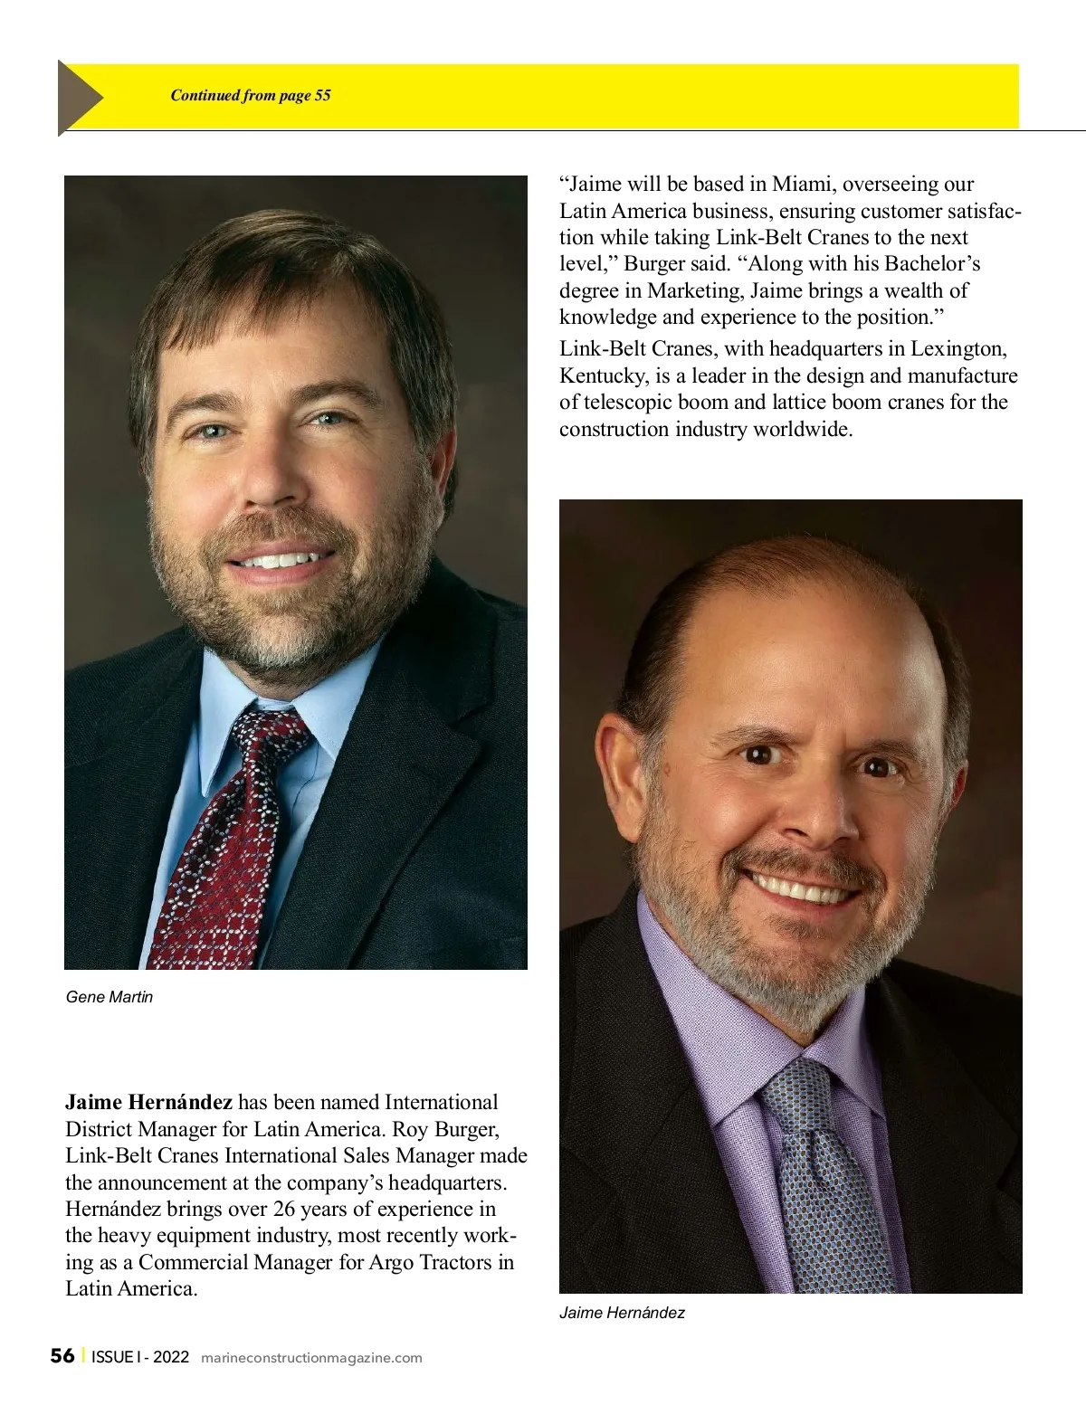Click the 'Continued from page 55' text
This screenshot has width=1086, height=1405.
(x=251, y=95)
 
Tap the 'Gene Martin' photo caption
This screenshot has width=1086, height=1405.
(x=110, y=997)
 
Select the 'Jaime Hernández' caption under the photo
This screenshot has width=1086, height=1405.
(x=622, y=1313)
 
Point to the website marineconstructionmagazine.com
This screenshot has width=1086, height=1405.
(x=310, y=1358)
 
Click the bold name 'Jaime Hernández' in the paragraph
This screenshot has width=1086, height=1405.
(x=148, y=1102)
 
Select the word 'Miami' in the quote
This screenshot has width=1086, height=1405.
(x=804, y=184)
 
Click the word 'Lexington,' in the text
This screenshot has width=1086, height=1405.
(x=958, y=348)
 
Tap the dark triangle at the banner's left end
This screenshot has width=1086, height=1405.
(x=78, y=97)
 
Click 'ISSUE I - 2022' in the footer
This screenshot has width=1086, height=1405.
(x=140, y=1357)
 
